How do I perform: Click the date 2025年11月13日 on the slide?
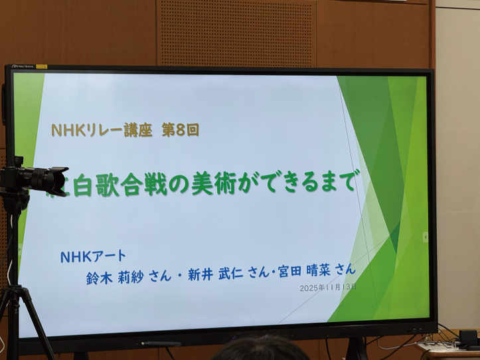pos(328,287)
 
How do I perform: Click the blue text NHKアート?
pos(93,256)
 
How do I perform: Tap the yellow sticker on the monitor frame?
pos(40,66)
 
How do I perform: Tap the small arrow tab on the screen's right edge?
pos(425,236)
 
